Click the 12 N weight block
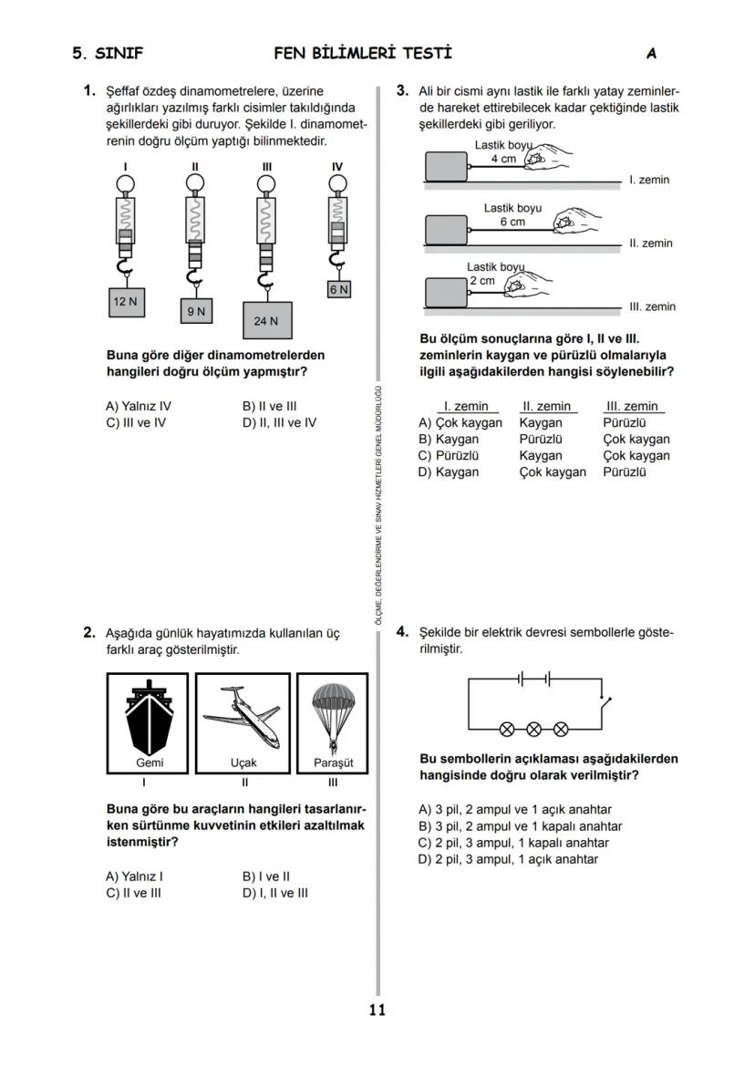pyautogui.click(x=125, y=302)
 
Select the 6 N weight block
pyautogui.click(x=338, y=289)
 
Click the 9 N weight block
pyautogui.click(x=196, y=311)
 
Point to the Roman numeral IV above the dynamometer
pyautogui.click(x=337, y=167)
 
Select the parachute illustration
pyautogui.click(x=333, y=712)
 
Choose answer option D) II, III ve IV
pyautogui.click(x=279, y=422)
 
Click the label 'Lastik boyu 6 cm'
pyautogui.click(x=512, y=215)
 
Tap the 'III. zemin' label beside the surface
pyautogui.click(x=652, y=306)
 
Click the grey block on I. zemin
pyautogui.click(x=446, y=167)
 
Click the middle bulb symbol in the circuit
pyautogui.click(x=534, y=728)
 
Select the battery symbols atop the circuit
pyautogui.click(x=534, y=679)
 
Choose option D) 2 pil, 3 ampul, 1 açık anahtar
pyautogui.click(x=508, y=859)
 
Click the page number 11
pyautogui.click(x=377, y=1010)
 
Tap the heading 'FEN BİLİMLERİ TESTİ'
pyautogui.click(x=363, y=53)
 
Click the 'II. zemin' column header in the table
pyautogui.click(x=546, y=406)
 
